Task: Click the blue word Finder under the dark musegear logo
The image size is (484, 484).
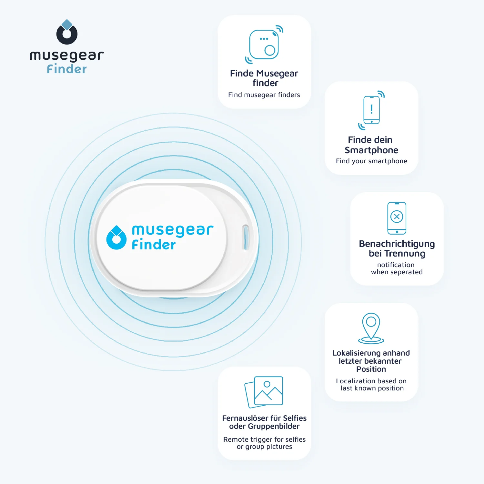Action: (x=67, y=69)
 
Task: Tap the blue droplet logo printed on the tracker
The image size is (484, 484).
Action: (x=116, y=238)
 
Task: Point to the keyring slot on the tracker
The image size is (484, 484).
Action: (x=246, y=237)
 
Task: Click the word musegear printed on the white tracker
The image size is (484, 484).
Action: (x=173, y=230)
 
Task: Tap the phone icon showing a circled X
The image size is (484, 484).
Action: (x=397, y=218)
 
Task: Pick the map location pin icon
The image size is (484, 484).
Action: (x=371, y=328)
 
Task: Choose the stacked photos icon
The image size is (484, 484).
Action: (x=264, y=392)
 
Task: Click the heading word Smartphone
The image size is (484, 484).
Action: (x=371, y=150)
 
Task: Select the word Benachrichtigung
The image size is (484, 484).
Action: (x=397, y=244)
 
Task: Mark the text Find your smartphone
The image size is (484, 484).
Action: (x=371, y=161)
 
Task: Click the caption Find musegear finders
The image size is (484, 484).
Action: (x=264, y=95)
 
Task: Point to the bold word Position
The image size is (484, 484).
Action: (x=371, y=369)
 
